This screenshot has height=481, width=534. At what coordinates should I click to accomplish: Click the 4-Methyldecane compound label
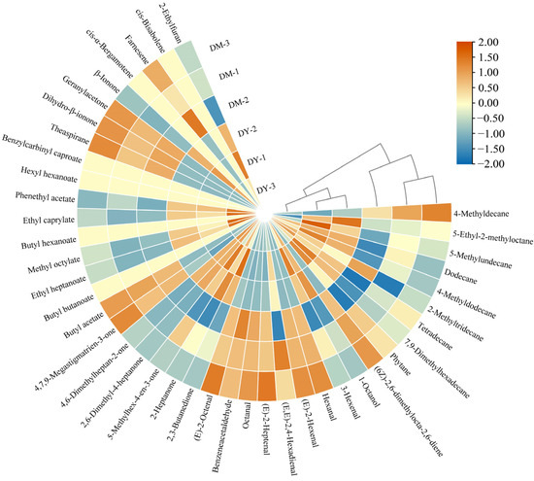486,212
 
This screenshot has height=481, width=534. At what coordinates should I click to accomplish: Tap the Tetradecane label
448,326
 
